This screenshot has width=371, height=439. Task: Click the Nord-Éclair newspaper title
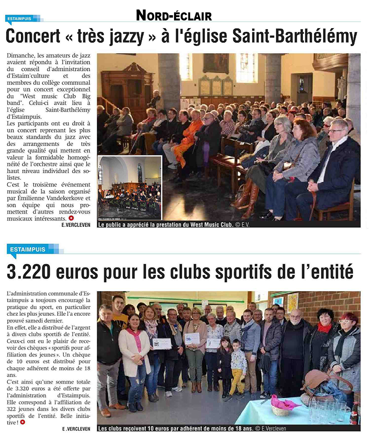coord(174,15)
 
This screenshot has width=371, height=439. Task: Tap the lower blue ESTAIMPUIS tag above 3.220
coord(27,249)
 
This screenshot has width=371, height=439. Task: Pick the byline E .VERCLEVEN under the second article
coord(77,429)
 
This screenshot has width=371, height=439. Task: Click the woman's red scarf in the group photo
coord(324,328)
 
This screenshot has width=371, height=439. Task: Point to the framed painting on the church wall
coord(216,63)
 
